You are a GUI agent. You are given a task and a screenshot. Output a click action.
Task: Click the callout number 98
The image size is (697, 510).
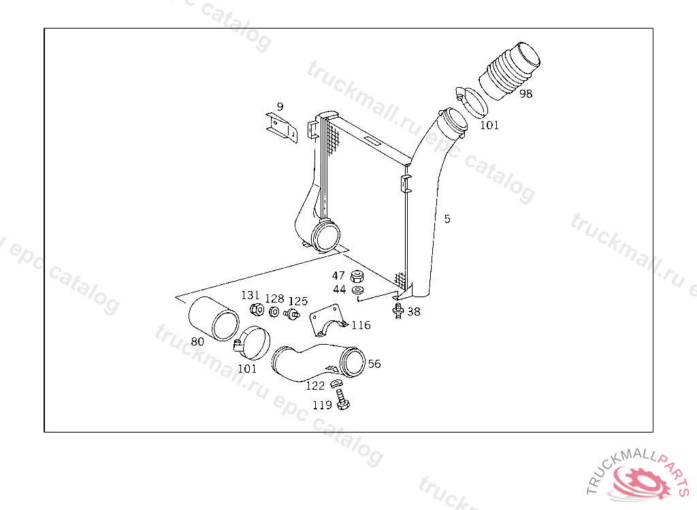point(526,94)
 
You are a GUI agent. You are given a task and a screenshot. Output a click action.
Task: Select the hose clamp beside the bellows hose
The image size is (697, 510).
point(472,102)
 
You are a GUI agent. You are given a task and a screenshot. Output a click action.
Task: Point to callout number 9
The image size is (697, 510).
point(280,107)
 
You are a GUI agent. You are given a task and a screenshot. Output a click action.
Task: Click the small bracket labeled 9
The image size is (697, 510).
point(281,128)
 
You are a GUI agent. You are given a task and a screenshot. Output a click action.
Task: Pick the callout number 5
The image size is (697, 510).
point(447,219)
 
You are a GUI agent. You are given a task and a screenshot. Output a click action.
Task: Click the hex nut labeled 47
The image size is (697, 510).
point(357,276)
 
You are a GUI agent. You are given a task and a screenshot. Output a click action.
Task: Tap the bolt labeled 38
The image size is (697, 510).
point(398,311)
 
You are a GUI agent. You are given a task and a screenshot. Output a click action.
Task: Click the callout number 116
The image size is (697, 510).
point(361,325)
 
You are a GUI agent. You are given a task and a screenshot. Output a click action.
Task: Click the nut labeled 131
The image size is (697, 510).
point(257,309)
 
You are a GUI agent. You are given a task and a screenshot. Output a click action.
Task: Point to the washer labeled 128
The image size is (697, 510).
point(274,311)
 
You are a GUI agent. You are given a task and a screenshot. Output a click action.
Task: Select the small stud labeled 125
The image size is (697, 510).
point(292,313)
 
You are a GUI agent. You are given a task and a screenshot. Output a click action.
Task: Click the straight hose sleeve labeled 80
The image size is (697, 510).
point(214,318)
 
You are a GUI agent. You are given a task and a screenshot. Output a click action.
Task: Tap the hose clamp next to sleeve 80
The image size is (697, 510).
point(253,343)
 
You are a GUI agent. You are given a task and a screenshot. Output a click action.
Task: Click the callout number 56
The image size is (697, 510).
point(374,364)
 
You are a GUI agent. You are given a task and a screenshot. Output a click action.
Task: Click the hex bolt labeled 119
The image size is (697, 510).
point(342,399)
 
